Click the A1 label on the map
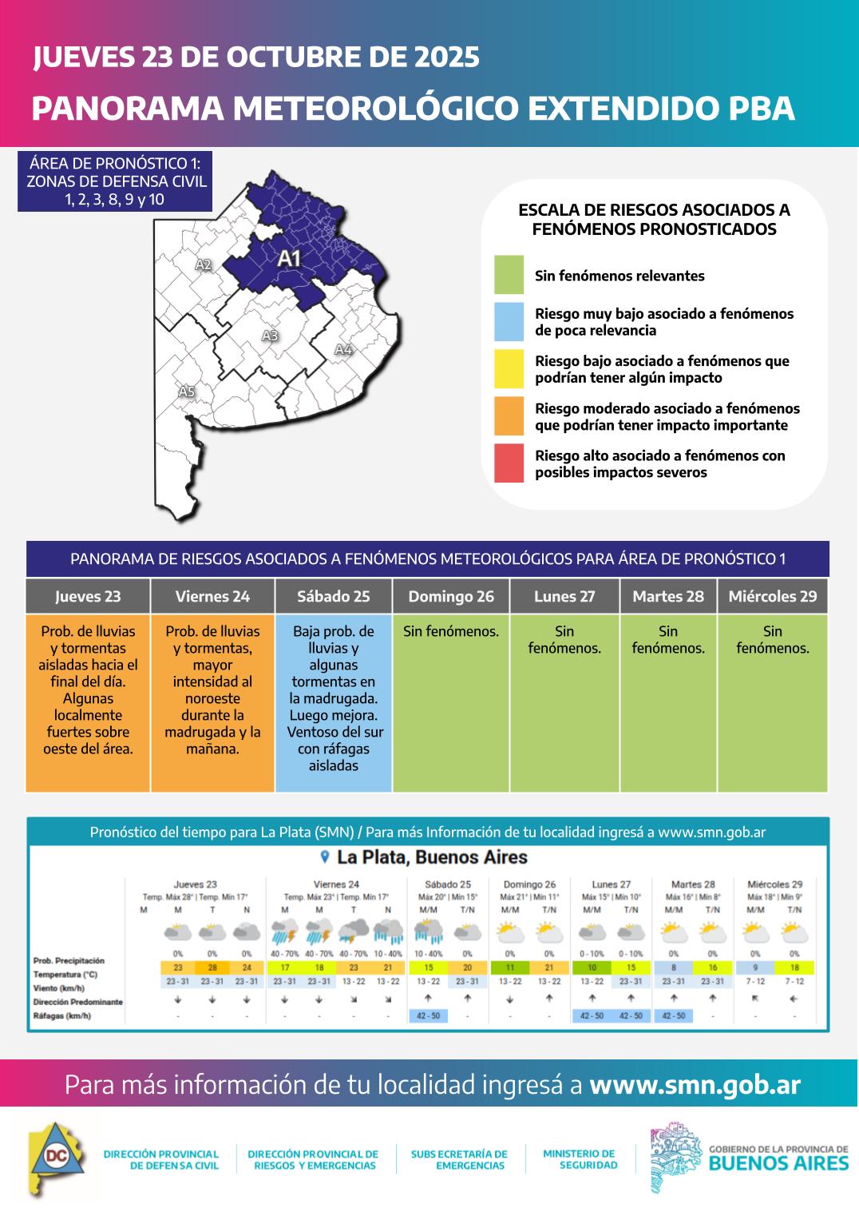pyautogui.click(x=288, y=259)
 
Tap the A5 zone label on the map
pyautogui.click(x=186, y=391)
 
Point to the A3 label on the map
pyautogui.click(x=270, y=336)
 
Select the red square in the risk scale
pyautogui.click(x=509, y=463)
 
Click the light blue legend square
pyautogui.click(x=509, y=322)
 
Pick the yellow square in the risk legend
pyautogui.click(x=509, y=369)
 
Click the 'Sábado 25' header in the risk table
pyautogui.click(x=333, y=597)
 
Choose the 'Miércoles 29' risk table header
pyautogui.click(x=772, y=597)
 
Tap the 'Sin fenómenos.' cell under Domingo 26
pyautogui.click(x=450, y=632)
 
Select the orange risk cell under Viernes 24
pyautogui.click(x=212, y=703)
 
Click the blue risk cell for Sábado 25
pyautogui.click(x=333, y=703)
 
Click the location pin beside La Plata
pyautogui.click(x=324, y=857)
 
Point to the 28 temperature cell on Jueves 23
pyautogui.click(x=212, y=968)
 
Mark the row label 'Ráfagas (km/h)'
pyautogui.click(x=62, y=1016)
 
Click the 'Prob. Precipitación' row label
pyautogui.click(x=69, y=960)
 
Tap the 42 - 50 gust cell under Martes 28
pyautogui.click(x=674, y=1016)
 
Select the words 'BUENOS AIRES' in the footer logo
pyautogui.click(x=778, y=1162)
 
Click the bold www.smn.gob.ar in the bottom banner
pyautogui.click(x=695, y=1085)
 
